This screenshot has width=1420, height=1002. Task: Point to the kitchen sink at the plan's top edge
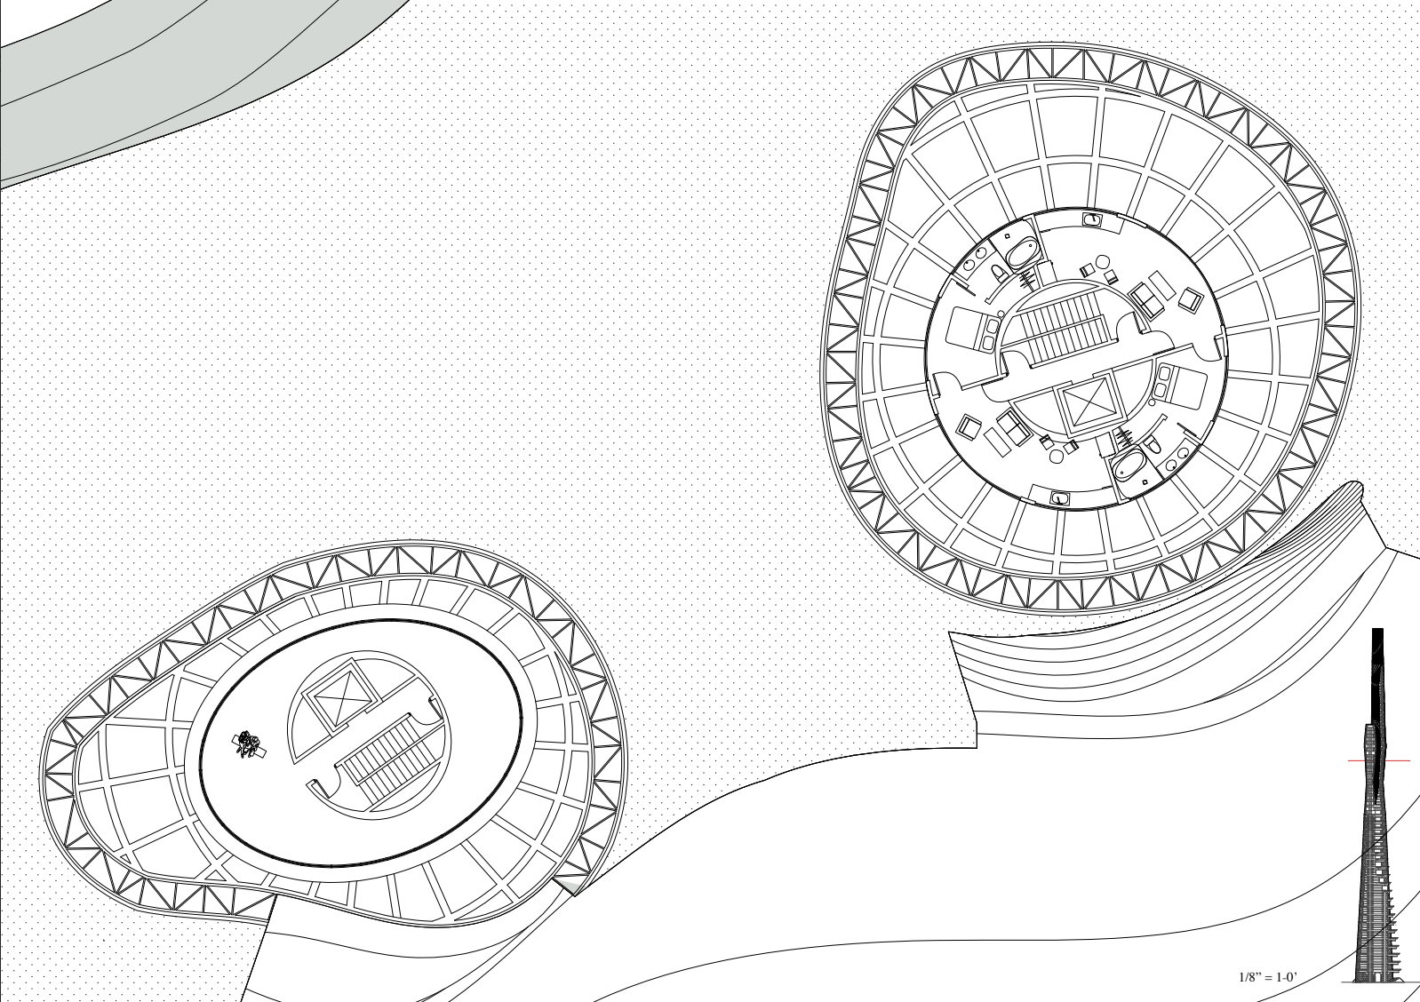(x=1090, y=218)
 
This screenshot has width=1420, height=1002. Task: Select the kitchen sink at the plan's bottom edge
(x=1058, y=498)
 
